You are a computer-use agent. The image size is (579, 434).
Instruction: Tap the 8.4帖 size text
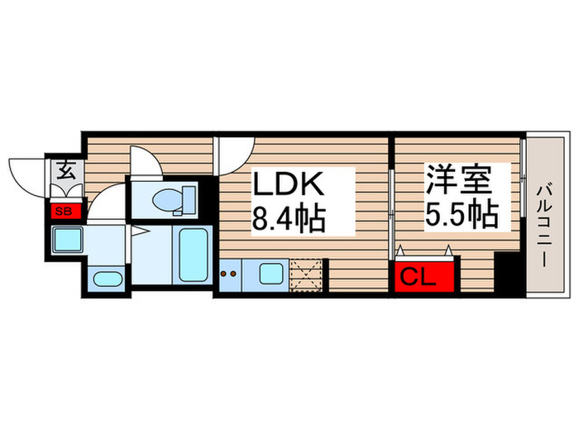point(288,218)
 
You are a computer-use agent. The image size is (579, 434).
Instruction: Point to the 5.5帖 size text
point(462,215)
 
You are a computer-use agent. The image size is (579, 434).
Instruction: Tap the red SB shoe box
point(64,211)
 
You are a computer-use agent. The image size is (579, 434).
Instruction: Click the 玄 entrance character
point(65,172)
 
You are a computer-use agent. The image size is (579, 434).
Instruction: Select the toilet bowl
point(170,198)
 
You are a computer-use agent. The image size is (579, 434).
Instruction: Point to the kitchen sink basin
point(270,272)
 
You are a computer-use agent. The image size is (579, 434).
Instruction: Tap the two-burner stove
point(232,272)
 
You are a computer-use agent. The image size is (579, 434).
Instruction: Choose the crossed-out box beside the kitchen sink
point(308,272)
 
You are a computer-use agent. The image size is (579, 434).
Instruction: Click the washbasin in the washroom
point(107,278)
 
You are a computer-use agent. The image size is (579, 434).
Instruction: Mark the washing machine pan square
point(65,241)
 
